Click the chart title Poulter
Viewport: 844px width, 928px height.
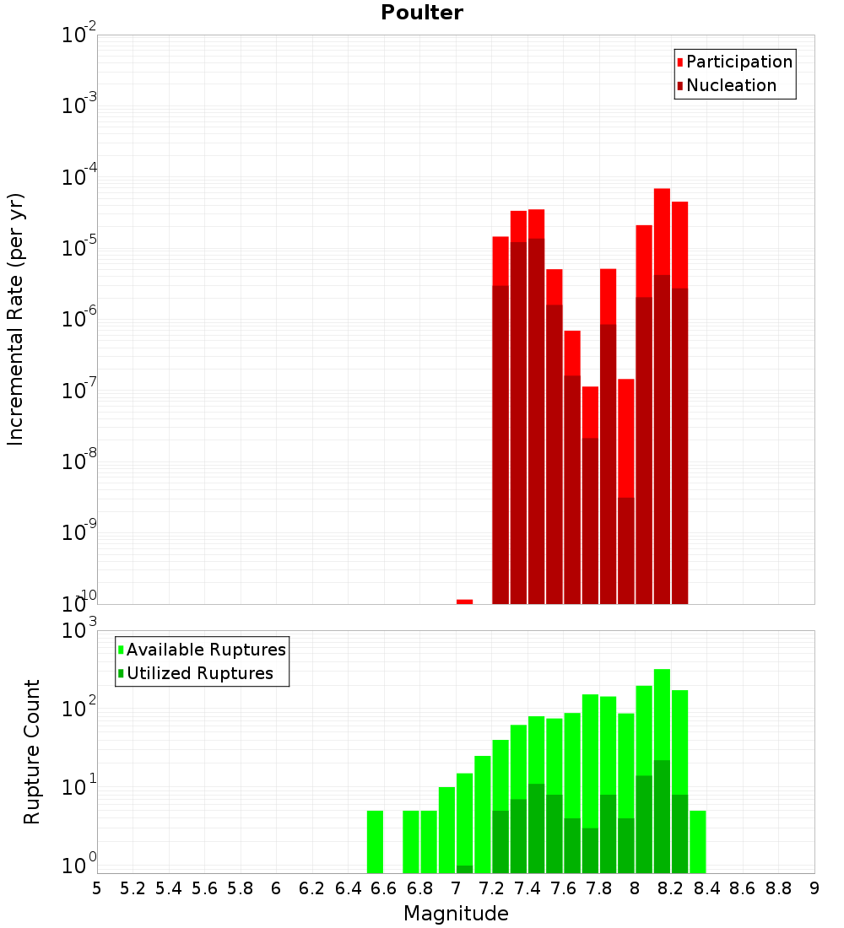422,13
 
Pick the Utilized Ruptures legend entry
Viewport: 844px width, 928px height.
199,673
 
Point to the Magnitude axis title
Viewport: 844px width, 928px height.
456,914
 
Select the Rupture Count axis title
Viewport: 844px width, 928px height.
32,752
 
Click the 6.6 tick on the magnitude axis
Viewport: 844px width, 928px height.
383,888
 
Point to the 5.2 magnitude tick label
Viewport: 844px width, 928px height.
133,888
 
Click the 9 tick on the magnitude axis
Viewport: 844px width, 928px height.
814,888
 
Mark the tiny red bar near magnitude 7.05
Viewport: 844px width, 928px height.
464,602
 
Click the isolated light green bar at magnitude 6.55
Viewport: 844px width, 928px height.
375,841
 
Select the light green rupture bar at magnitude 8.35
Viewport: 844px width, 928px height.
697,841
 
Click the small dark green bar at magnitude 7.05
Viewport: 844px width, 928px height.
464,869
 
